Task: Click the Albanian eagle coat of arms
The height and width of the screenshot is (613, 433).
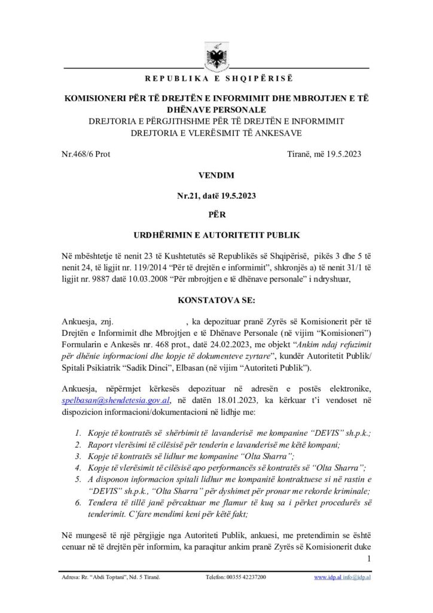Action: [216, 56]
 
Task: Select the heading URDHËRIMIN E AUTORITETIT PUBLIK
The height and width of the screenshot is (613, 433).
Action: [216, 238]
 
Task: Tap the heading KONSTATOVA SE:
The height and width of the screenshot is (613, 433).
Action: [216, 301]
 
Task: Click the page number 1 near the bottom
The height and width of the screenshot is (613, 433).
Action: [369, 560]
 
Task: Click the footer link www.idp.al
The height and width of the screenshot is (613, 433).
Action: [327, 577]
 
